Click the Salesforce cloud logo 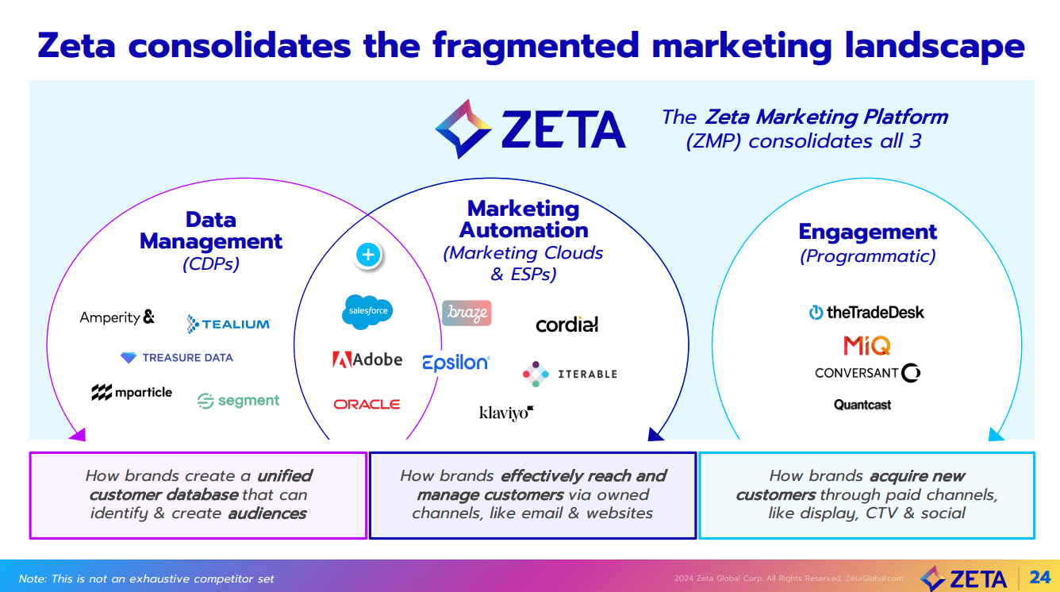368,311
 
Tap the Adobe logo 367,359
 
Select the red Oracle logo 367,404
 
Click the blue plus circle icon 367,255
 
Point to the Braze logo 467,313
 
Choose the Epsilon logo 456,363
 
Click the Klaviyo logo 506,413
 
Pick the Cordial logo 566,324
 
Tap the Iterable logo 570,374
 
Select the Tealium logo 229,324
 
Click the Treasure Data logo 177,358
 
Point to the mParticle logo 132,393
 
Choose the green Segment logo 239,401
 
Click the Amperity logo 117,317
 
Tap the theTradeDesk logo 866,313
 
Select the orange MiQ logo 866,346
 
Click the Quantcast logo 862,405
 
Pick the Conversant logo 867,372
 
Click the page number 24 1039,577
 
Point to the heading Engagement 867,232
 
